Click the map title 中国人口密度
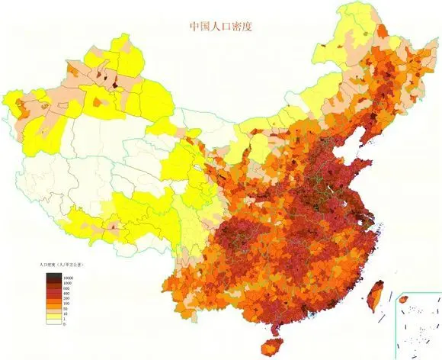220,26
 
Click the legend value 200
66,298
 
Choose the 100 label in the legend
66,304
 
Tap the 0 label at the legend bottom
64,323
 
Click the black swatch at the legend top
53,275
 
